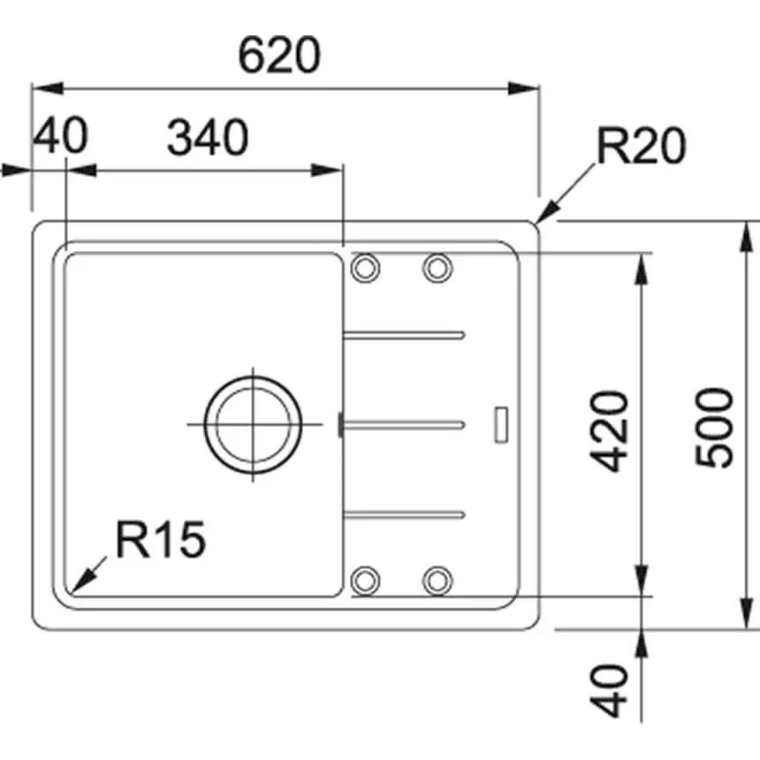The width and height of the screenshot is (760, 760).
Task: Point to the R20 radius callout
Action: tap(641, 147)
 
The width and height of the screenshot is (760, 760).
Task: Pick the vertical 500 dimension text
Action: tap(714, 428)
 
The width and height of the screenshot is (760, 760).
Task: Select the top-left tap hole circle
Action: tap(365, 267)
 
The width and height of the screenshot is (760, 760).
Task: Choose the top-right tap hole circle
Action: tap(437, 267)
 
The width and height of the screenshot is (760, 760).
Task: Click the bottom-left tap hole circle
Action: tap(365, 580)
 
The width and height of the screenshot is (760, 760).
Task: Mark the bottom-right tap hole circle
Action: tap(437, 580)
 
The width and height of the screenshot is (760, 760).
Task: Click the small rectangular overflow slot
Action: tap(501, 422)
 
